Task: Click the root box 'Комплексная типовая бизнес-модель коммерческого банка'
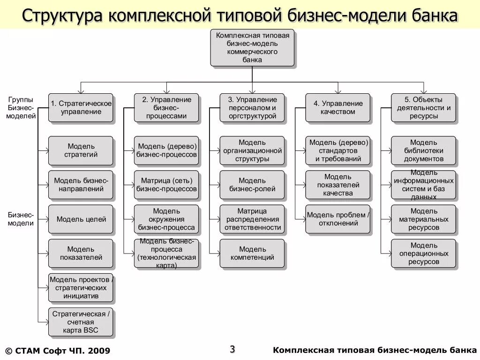[x=252, y=48]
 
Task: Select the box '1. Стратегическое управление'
[x=81, y=108]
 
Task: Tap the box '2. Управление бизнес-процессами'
[x=166, y=108]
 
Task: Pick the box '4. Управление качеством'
[x=338, y=108]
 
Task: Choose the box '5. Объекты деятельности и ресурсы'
[x=423, y=108]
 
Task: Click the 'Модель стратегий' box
[x=81, y=150]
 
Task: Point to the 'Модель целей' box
[x=81, y=219]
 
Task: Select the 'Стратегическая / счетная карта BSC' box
[x=81, y=322]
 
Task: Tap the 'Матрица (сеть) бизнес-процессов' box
[x=166, y=185]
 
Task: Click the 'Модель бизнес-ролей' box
[x=252, y=185]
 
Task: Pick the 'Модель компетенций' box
[x=252, y=253]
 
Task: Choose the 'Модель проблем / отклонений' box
[x=338, y=219]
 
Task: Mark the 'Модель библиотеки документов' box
[x=423, y=150]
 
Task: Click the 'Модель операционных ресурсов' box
[x=423, y=253]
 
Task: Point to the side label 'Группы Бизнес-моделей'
[x=21, y=108]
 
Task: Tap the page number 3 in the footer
[x=232, y=349]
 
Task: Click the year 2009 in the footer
[x=98, y=351]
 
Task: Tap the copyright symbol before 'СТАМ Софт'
[x=8, y=351]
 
